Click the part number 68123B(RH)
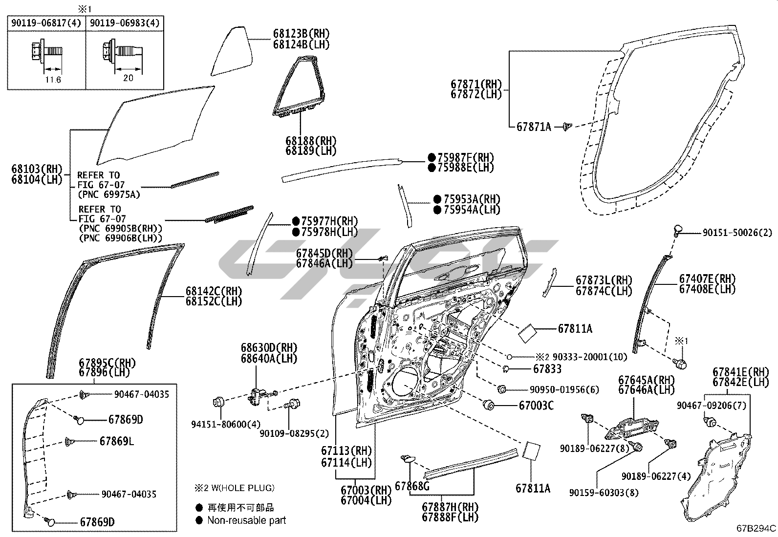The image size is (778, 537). point(301,34)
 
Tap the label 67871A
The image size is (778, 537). point(534,127)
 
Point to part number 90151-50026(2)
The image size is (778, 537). point(737,234)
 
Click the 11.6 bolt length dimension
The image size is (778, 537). point(52,79)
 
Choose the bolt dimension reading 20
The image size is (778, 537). point(128,78)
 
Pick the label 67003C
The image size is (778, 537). point(536,405)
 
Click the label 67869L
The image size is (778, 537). point(116,441)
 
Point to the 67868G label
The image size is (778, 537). point(412,486)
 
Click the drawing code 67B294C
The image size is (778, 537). point(756,528)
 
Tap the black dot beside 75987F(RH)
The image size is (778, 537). point(432,157)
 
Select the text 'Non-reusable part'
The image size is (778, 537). point(247,520)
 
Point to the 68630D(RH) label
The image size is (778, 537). point(269,348)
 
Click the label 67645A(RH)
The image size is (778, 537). point(646,380)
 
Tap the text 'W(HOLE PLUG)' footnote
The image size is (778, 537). point(239,488)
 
